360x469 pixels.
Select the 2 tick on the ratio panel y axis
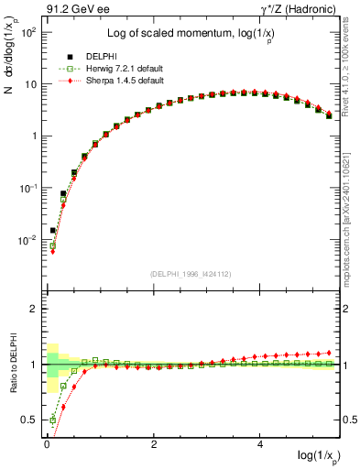coord(38,309)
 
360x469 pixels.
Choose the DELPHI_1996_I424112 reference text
coord(190,273)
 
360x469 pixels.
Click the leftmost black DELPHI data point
coord(53,231)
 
